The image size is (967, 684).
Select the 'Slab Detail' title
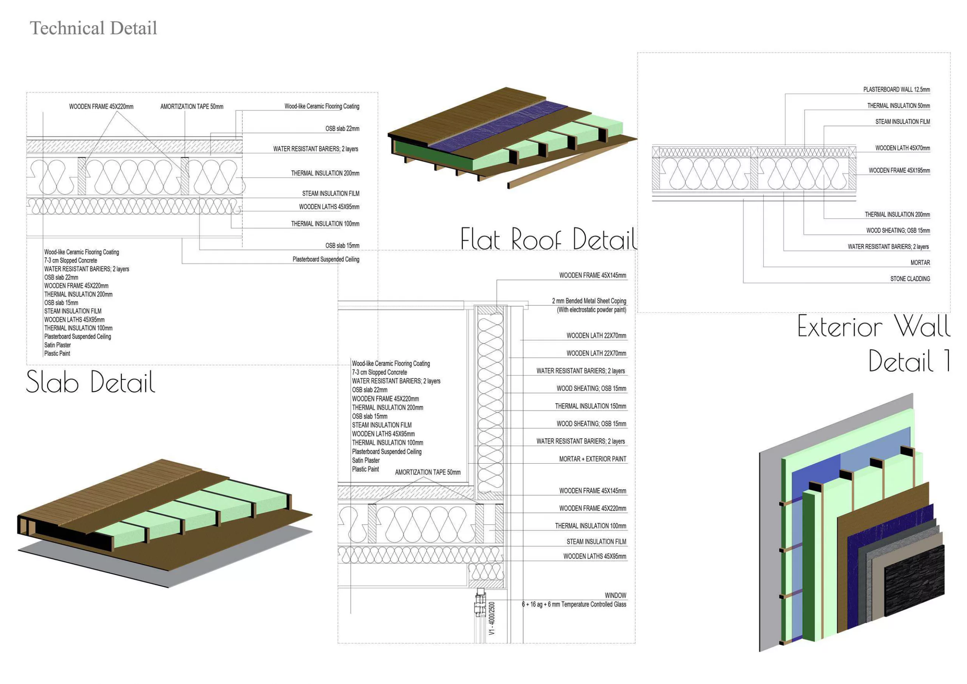click(x=91, y=382)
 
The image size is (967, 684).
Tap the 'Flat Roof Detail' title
click(x=548, y=238)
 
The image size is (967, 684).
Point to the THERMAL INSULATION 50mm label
click(x=898, y=106)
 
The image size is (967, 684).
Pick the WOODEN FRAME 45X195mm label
click(x=899, y=171)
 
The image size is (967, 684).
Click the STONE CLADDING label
click(x=910, y=279)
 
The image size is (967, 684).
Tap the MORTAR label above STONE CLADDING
click(x=920, y=263)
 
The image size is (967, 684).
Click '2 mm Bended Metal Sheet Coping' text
click(x=589, y=301)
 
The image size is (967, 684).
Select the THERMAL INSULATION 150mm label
click(x=590, y=406)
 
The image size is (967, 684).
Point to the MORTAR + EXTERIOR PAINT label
click(x=592, y=459)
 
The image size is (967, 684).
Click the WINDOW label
click(x=615, y=596)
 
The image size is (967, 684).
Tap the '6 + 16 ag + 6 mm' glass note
click(x=574, y=604)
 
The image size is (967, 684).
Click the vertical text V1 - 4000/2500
click(x=492, y=618)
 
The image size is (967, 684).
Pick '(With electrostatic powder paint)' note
click(x=591, y=310)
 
